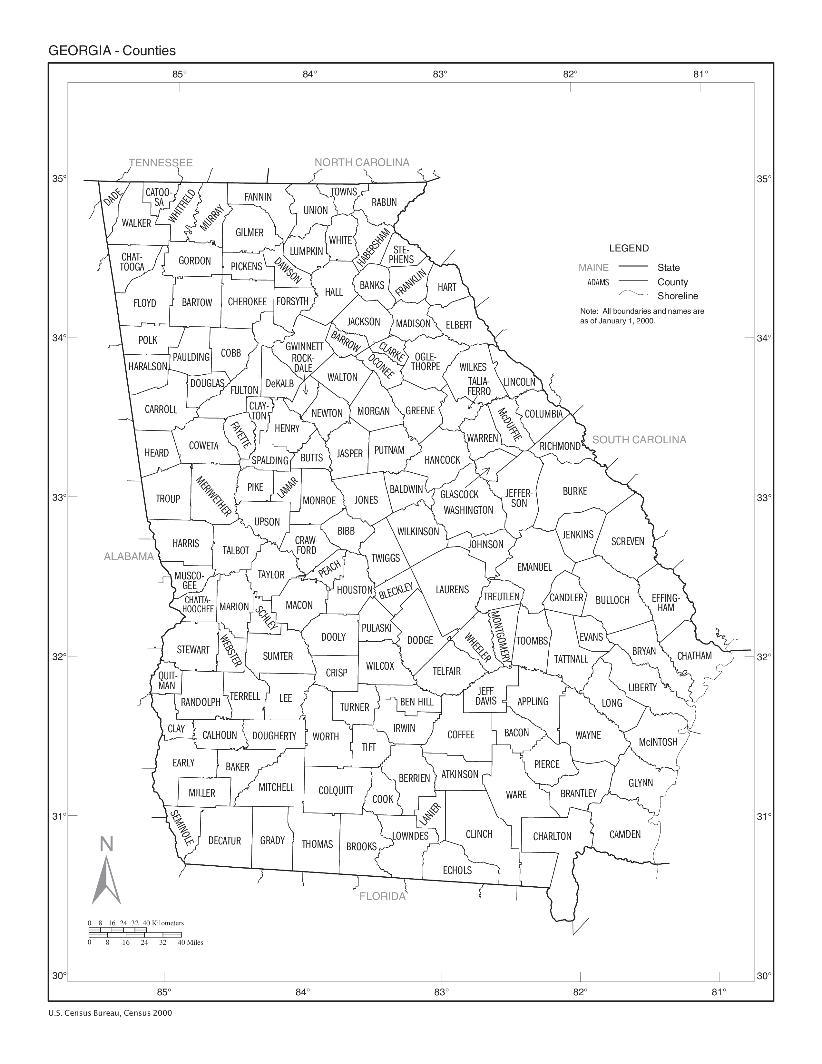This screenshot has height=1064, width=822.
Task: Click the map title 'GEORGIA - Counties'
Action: click(112, 51)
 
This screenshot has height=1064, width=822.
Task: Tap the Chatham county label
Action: click(694, 656)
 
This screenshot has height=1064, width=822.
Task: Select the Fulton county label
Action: click(244, 390)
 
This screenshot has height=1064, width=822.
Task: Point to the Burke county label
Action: click(575, 491)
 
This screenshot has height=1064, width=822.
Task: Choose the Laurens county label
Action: click(452, 589)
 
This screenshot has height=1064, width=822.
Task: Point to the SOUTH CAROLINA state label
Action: click(639, 440)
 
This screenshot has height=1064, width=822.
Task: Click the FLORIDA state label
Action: click(382, 896)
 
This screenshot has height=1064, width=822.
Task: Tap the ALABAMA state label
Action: click(129, 557)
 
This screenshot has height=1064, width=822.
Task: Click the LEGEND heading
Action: click(629, 248)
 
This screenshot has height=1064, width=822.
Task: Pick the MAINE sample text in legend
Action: click(593, 268)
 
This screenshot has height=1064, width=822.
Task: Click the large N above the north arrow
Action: click(107, 844)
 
